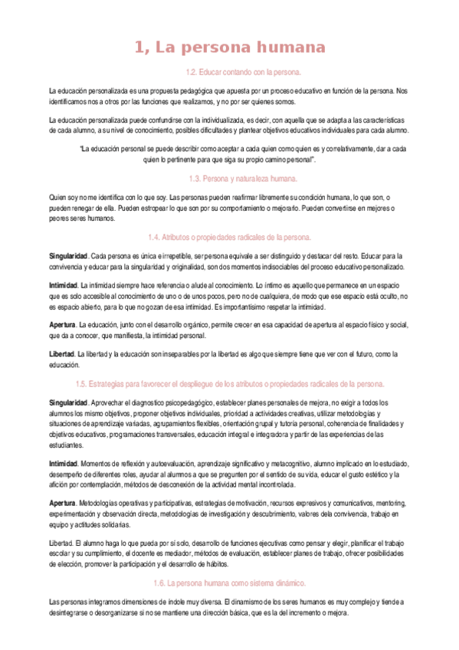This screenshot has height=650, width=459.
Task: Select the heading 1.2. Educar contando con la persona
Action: click(233, 73)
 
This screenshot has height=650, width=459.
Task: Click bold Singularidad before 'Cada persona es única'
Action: click(67, 255)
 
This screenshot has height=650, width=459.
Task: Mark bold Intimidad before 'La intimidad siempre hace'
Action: click(63, 285)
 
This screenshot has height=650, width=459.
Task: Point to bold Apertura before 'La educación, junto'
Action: click(62, 325)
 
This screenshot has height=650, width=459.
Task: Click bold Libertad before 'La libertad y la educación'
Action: click(62, 355)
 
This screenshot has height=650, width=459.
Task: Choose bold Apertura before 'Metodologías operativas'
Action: click(62, 503)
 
